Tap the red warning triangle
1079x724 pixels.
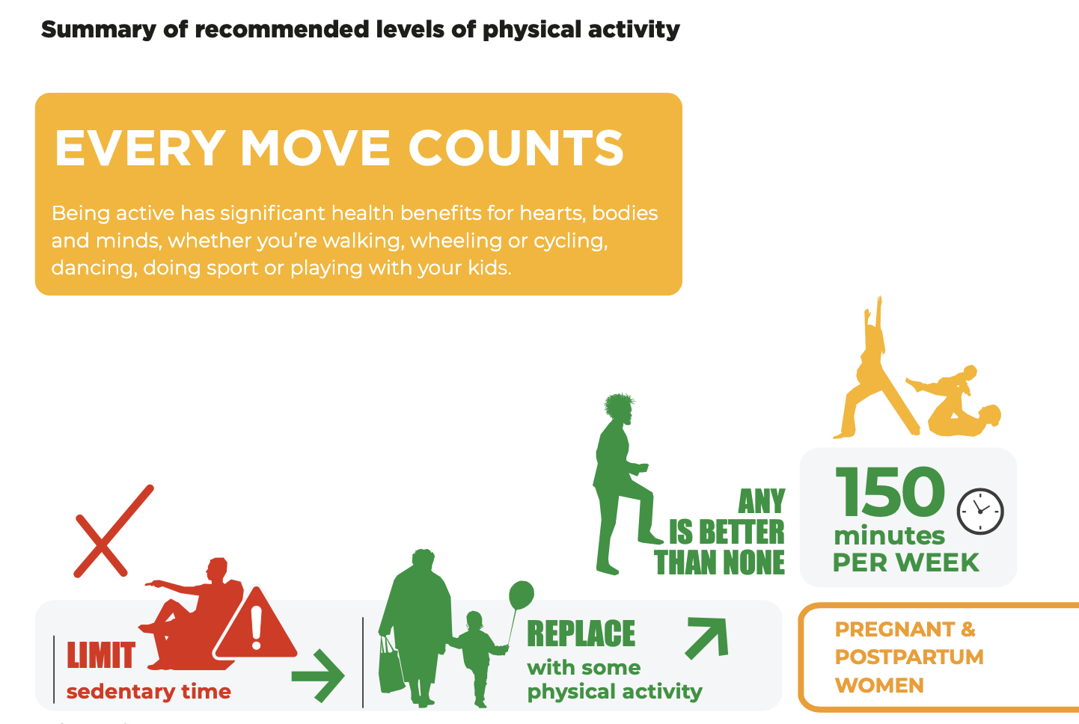coord(256,625)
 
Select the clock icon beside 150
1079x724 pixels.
coord(980,512)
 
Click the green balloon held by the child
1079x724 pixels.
coord(522,595)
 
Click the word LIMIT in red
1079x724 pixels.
coord(101,655)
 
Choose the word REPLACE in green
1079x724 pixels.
coord(581,633)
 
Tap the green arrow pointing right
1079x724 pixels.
coord(318,676)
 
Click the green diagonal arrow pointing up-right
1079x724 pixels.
coord(706,638)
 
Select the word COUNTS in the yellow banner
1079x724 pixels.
coord(516,148)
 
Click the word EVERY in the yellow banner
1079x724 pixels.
coord(140,148)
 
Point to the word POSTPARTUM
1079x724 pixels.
coord(909,657)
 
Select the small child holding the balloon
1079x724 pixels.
coord(477,657)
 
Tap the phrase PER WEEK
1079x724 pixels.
coord(906,562)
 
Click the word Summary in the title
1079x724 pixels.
coord(99,30)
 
